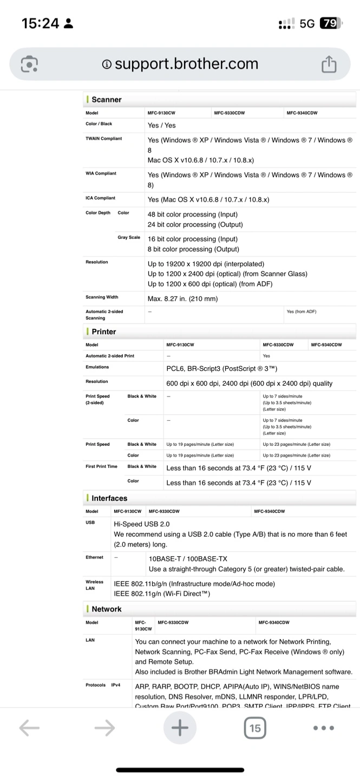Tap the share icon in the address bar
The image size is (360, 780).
click(x=329, y=64)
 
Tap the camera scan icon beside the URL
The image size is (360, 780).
click(x=29, y=64)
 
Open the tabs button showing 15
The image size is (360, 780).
click(x=254, y=728)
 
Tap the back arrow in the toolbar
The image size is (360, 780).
click(x=29, y=728)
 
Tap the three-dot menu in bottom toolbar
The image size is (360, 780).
click(x=324, y=728)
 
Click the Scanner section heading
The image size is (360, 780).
click(x=106, y=100)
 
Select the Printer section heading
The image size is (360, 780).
click(x=103, y=331)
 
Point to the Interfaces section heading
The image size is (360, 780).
click(x=109, y=498)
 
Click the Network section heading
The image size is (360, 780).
click(x=106, y=609)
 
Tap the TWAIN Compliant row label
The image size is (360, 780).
click(x=104, y=139)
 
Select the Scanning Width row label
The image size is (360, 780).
click(x=102, y=297)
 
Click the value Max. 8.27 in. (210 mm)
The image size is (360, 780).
click(x=182, y=299)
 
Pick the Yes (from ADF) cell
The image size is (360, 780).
click(x=302, y=311)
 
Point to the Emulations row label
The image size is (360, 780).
click(x=97, y=367)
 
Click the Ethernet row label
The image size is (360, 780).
click(x=94, y=557)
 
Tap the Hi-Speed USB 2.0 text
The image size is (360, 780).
click(x=141, y=524)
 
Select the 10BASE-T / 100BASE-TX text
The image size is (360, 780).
click(x=188, y=558)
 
